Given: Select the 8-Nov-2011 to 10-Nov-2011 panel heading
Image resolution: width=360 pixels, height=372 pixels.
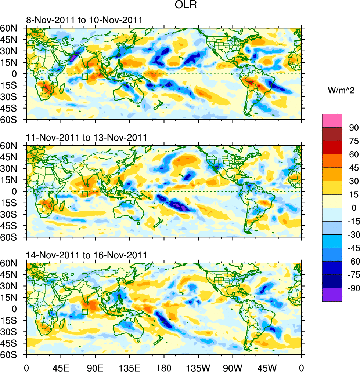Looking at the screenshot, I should pos(84,20).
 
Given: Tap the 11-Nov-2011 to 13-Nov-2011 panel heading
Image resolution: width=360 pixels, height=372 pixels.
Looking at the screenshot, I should pos(86,138).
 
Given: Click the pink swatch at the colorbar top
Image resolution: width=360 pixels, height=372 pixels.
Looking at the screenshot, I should pos(332,121).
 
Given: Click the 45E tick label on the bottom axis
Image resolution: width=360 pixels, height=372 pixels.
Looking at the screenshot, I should pos(61,367).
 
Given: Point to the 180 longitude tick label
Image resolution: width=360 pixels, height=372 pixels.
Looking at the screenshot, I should pos(164,367).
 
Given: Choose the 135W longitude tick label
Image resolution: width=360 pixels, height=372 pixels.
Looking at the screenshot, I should pos(198,367).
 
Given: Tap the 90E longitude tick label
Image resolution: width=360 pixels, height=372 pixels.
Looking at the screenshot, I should pos(95,367).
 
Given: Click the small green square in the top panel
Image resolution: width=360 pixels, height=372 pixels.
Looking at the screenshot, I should pos(85,77).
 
